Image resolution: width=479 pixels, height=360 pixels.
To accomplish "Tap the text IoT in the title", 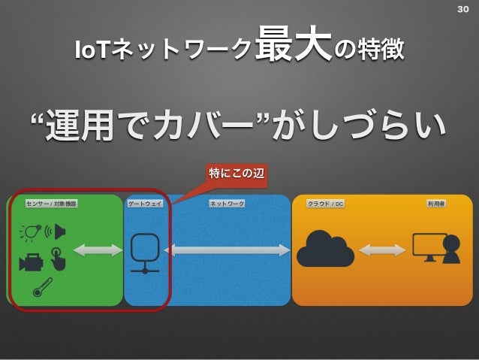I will pyautogui.click(x=91, y=50).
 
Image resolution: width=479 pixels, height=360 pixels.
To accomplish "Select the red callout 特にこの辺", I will pyautogui.click(x=236, y=174).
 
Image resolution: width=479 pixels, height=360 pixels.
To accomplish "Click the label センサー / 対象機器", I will pyautogui.click(x=51, y=204).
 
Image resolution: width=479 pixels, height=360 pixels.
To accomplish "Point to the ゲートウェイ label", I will pyautogui.click(x=145, y=204).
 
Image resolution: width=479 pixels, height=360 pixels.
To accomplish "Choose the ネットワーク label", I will pyautogui.click(x=227, y=204).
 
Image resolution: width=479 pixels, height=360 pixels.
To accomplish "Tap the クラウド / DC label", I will pyautogui.click(x=325, y=204).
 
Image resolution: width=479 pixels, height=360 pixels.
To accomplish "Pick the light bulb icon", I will pyautogui.click(x=31, y=232).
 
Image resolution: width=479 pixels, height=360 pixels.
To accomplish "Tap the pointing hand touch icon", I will pyautogui.click(x=58, y=259).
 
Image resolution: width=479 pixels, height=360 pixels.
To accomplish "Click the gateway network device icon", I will pyautogui.click(x=145, y=253).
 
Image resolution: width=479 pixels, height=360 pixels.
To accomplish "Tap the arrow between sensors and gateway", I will pyautogui.click(x=98, y=250).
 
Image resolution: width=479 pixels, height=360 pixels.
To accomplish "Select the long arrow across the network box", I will pyautogui.click(x=227, y=250).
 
